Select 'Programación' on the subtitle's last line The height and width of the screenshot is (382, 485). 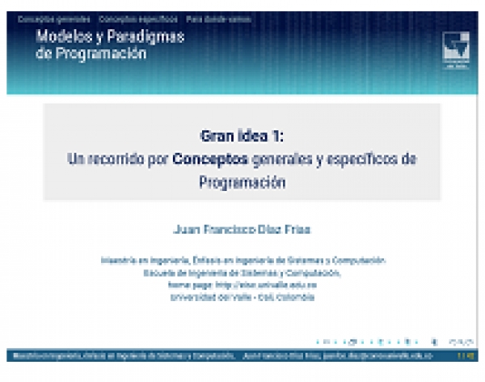pos(242,182)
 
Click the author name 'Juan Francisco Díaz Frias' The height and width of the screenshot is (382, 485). pos(242,229)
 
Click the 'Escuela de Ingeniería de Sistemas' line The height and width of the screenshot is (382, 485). pos(242,273)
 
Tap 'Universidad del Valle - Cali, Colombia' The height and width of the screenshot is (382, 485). pos(242,297)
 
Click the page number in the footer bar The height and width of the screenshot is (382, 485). pos(466,355)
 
